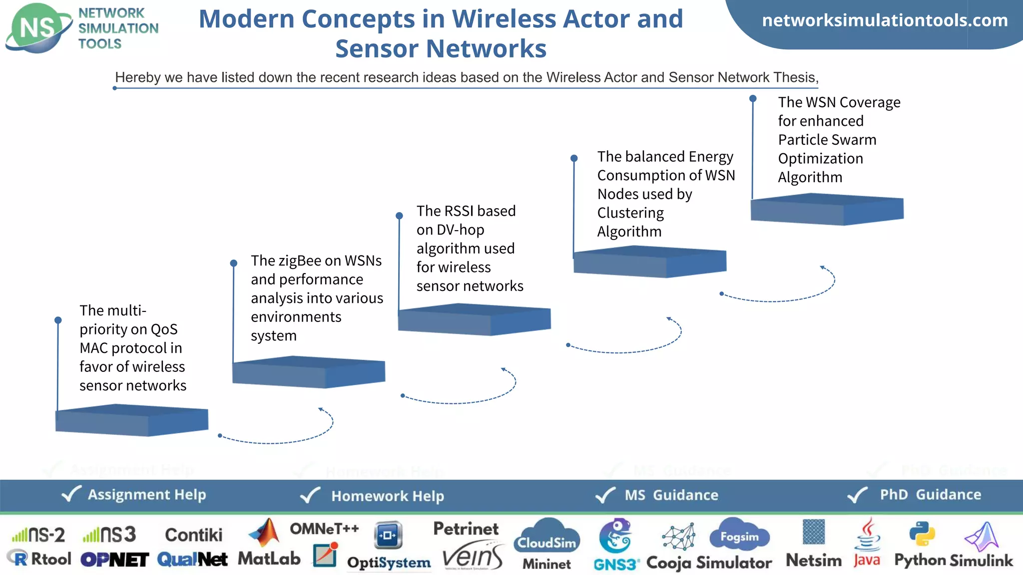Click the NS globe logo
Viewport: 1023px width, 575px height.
coord(37,28)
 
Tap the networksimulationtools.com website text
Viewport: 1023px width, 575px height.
coord(885,20)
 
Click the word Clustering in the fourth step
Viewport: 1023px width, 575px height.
coord(630,213)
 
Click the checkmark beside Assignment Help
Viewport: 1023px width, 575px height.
coord(71,494)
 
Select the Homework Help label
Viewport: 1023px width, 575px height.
coord(387,496)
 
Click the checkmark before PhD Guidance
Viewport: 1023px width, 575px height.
coord(858,495)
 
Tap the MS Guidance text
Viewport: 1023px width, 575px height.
coord(671,495)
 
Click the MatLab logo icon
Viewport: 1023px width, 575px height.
coord(265,533)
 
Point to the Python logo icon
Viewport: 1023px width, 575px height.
coord(922,534)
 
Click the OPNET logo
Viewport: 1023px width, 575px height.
coord(114,560)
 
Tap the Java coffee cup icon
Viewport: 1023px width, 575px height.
coord(868,534)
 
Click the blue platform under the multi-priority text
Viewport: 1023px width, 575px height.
coord(131,420)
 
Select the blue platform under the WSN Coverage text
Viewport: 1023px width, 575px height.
coord(827,209)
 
